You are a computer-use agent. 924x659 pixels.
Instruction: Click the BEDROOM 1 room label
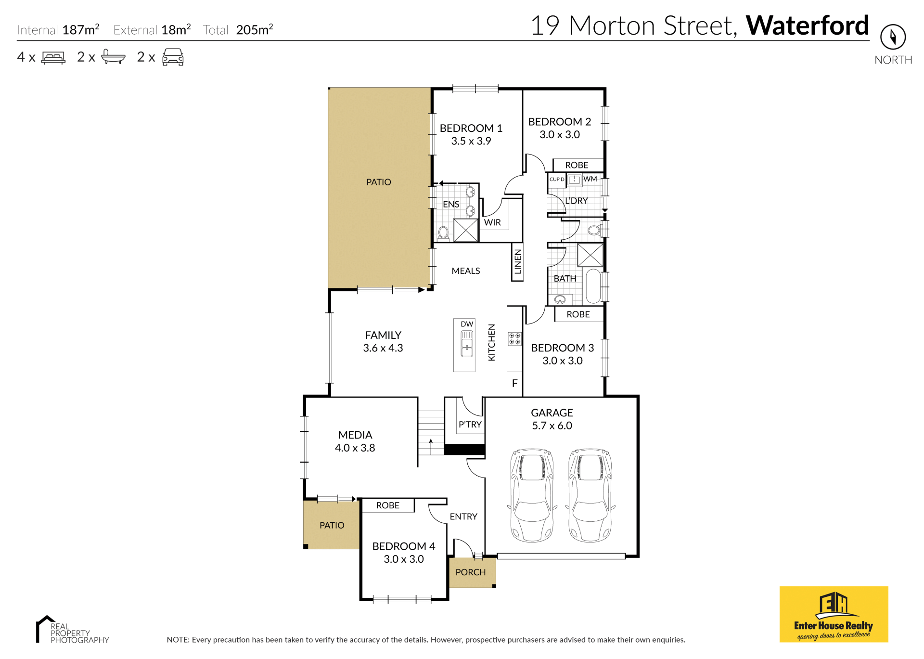(x=471, y=128)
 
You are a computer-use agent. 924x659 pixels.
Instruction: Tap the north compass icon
(x=893, y=37)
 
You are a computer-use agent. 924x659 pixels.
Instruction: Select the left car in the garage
(x=532, y=496)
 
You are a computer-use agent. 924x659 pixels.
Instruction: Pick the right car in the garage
(x=590, y=496)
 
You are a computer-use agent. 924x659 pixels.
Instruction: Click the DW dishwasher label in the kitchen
(x=467, y=324)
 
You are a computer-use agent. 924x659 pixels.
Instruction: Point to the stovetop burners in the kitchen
(x=514, y=339)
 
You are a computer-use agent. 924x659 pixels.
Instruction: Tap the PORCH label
(x=471, y=572)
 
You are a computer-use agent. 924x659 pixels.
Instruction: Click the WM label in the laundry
(x=590, y=179)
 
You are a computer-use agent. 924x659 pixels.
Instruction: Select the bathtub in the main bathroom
(x=594, y=286)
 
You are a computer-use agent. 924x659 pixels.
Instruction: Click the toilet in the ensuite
(x=443, y=233)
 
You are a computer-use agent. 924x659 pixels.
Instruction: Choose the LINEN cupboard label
(x=518, y=261)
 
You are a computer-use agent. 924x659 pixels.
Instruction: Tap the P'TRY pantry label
(x=470, y=425)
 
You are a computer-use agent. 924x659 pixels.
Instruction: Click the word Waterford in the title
(x=807, y=26)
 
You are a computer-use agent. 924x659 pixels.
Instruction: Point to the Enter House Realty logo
(x=834, y=614)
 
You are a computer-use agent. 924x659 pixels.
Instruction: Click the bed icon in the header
(x=53, y=58)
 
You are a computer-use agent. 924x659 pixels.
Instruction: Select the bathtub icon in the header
(x=113, y=57)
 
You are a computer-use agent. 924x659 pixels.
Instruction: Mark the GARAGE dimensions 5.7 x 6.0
(x=552, y=426)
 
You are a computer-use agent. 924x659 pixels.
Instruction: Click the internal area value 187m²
(x=81, y=29)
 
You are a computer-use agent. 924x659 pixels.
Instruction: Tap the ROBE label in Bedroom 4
(x=388, y=505)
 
